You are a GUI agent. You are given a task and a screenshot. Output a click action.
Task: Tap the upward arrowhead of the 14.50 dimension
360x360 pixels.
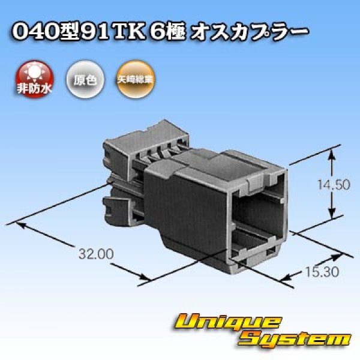tap(332, 155)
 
